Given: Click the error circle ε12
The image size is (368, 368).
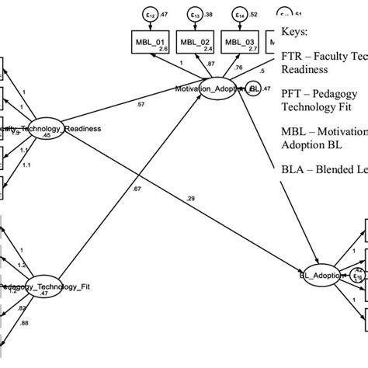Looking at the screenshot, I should point(153,13).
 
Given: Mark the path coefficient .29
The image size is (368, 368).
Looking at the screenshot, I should point(190,200).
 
